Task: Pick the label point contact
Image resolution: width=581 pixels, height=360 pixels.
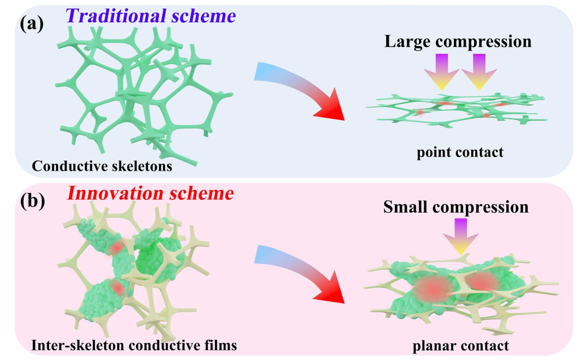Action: coord(460,152)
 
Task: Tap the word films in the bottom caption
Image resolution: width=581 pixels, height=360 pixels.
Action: coord(219,344)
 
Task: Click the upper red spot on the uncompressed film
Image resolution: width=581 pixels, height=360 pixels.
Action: coord(116,248)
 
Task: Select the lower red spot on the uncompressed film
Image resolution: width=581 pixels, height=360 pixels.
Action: coord(118,288)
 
